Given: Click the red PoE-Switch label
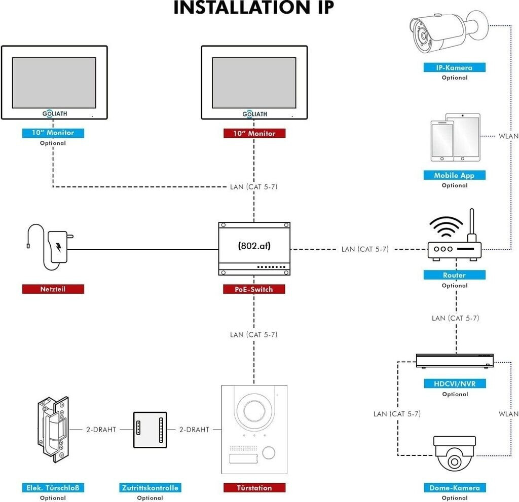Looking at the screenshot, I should (x=254, y=289).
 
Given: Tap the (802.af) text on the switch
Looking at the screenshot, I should (x=254, y=246).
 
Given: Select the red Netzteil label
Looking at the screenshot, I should (x=53, y=289).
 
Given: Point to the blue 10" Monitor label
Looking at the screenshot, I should (x=53, y=133).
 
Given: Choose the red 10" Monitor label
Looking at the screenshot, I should (x=254, y=133).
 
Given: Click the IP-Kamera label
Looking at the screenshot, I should (x=454, y=67).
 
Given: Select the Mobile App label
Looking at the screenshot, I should (x=454, y=175).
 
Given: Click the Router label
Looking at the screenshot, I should (x=454, y=275).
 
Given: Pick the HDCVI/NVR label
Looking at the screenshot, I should (x=454, y=384).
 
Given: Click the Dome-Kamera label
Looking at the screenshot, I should (x=454, y=488).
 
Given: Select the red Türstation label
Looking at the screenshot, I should (x=254, y=488).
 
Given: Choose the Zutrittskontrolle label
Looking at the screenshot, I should (x=150, y=488).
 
